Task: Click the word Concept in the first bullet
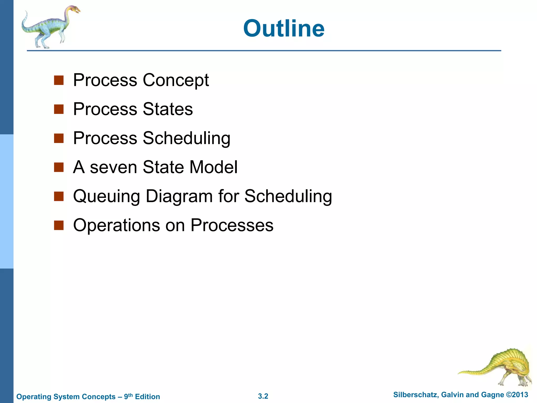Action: tap(176, 80)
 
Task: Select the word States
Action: tap(168, 109)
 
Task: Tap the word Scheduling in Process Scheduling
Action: tap(186, 138)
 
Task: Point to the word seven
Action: tap(113, 167)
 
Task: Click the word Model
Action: tap(213, 167)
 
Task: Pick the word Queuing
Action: tap(106, 197)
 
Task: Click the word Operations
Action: tap(116, 225)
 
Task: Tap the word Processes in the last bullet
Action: tap(232, 225)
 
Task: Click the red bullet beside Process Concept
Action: tap(59, 81)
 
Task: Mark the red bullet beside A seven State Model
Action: tap(59, 167)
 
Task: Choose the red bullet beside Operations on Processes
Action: tap(59, 225)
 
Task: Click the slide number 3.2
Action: tap(263, 396)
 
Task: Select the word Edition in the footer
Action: tap(147, 396)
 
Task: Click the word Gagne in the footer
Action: tap(493, 395)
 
